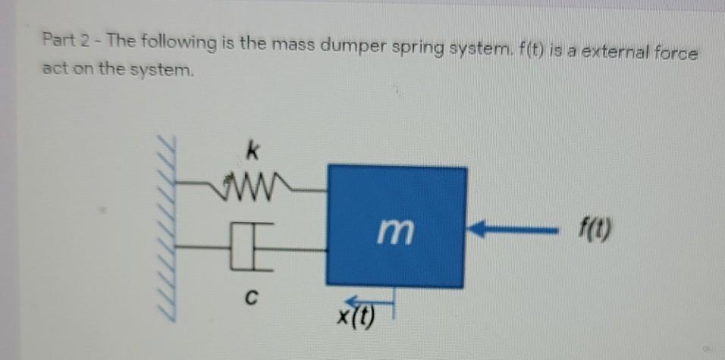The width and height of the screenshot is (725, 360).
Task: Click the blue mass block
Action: pyautogui.click(x=396, y=227)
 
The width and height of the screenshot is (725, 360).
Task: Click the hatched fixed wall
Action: pyautogui.click(x=167, y=227)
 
